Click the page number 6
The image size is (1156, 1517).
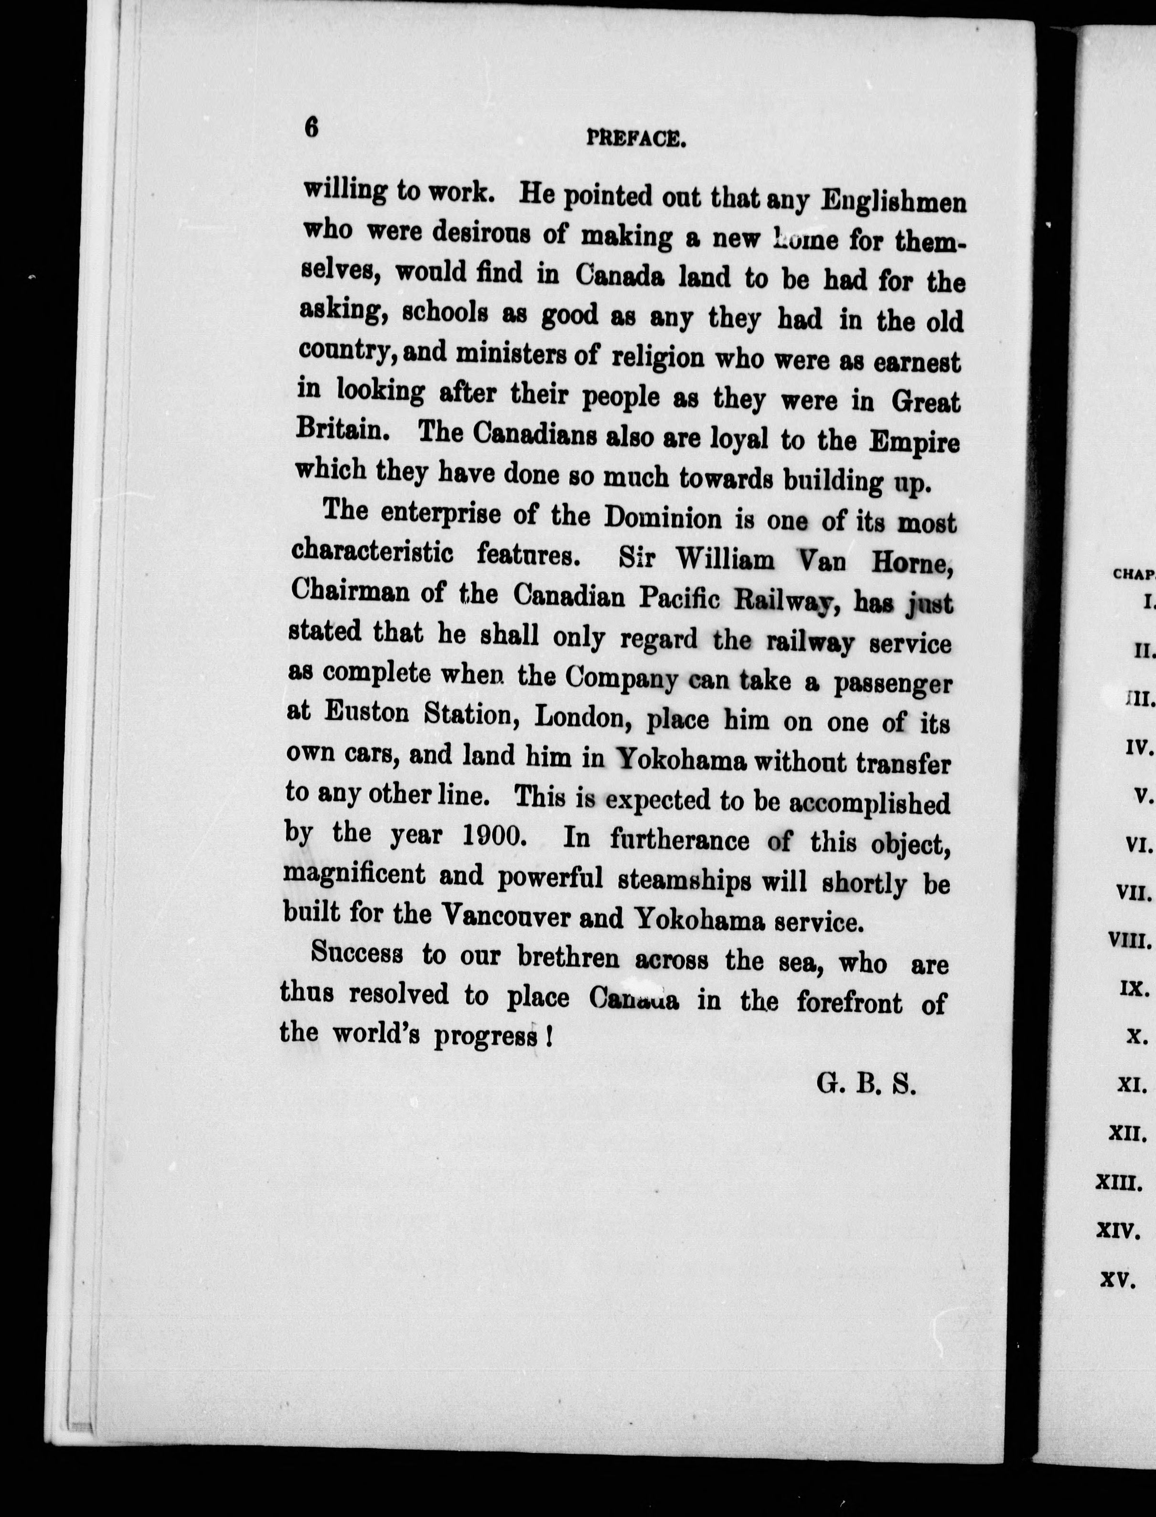point(312,128)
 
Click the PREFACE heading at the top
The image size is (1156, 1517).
point(636,139)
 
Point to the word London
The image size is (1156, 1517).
point(578,717)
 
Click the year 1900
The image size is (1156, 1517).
point(491,835)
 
